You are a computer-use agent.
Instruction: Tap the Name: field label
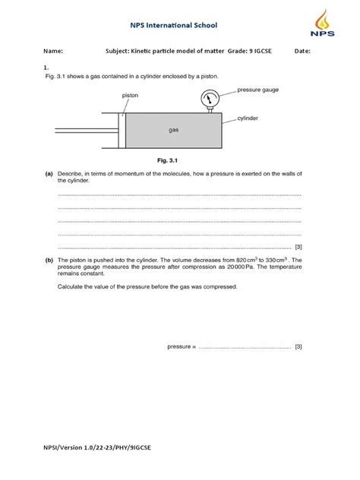point(52,52)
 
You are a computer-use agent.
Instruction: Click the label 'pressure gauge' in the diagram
point(258,90)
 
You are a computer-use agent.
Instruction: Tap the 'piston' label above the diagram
point(131,96)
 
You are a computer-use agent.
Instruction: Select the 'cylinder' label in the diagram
point(249,118)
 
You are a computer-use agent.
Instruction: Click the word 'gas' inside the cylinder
point(173,130)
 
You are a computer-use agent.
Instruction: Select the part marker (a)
point(49,175)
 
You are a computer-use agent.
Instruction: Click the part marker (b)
point(49,260)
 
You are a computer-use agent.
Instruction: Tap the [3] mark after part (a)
point(298,247)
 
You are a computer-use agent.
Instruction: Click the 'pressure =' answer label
point(182,346)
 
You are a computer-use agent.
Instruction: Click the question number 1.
point(47,67)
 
